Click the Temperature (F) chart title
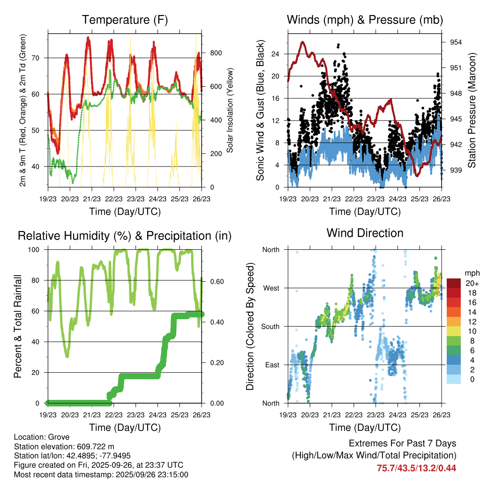click(x=125, y=20)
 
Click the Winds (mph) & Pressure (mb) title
click(x=365, y=20)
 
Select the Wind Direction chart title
click(x=365, y=232)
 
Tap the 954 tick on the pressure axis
click(x=456, y=42)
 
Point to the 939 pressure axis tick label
click(x=456, y=170)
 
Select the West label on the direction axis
click(x=270, y=288)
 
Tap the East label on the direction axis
click(x=271, y=365)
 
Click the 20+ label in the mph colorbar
click(x=472, y=283)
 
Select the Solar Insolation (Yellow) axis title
click(x=230, y=111)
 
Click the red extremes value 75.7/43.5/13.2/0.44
click(x=416, y=468)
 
